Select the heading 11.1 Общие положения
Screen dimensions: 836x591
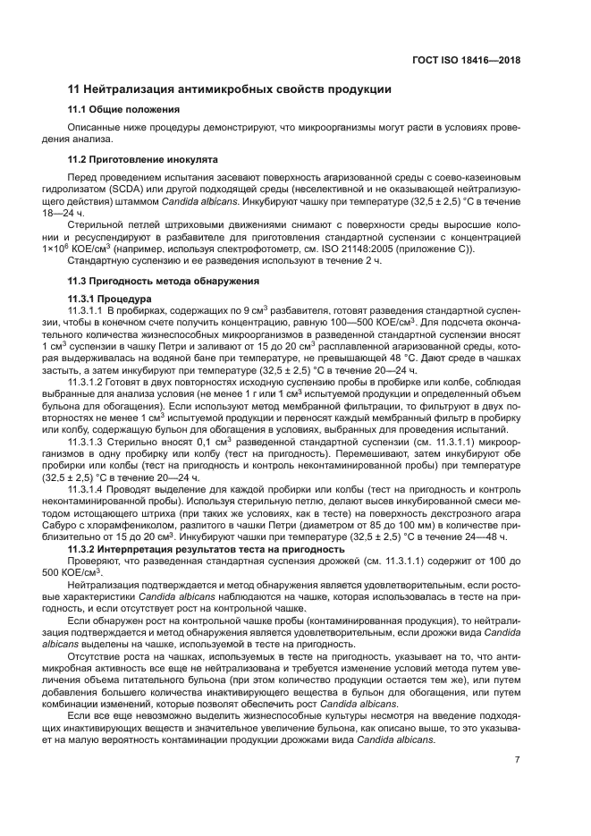click(124, 110)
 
